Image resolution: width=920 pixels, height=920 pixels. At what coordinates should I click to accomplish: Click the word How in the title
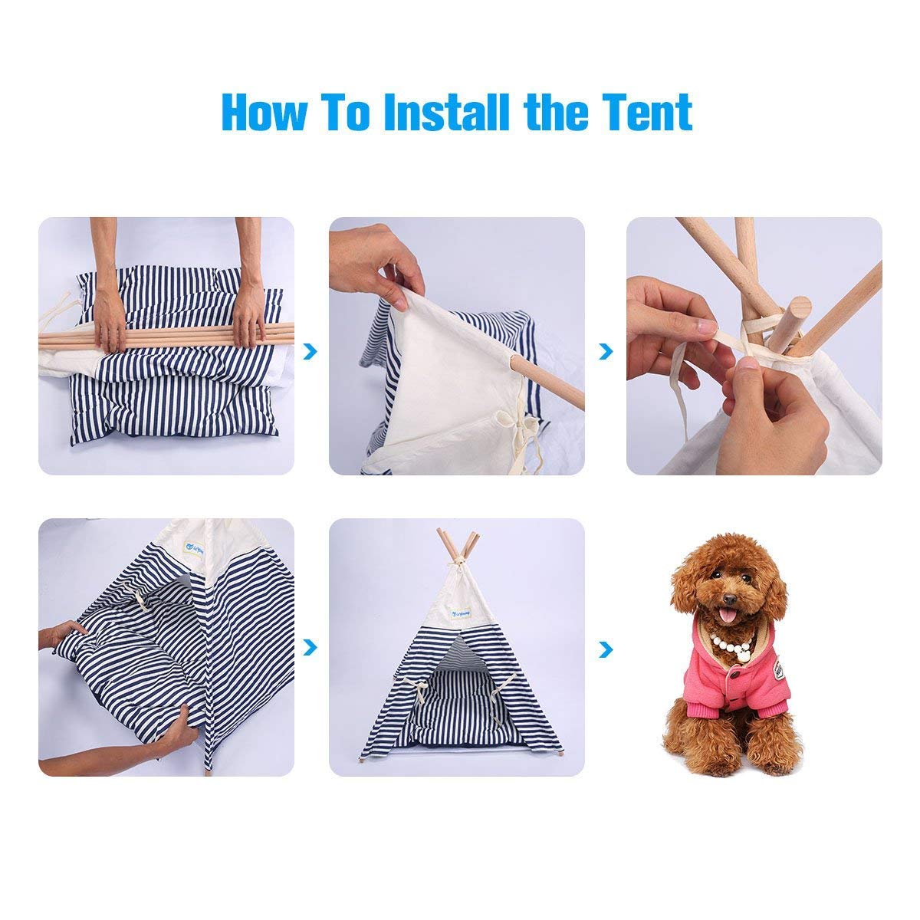263,113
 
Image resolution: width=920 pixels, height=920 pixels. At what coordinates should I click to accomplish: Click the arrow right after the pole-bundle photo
310,351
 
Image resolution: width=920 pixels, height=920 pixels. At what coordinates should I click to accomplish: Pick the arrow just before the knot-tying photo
607,351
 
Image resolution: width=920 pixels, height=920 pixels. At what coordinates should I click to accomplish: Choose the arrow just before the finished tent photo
310,648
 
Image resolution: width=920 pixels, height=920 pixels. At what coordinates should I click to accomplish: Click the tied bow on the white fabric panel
506,420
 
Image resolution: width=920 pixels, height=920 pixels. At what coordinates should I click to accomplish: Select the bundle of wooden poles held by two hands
166,335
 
